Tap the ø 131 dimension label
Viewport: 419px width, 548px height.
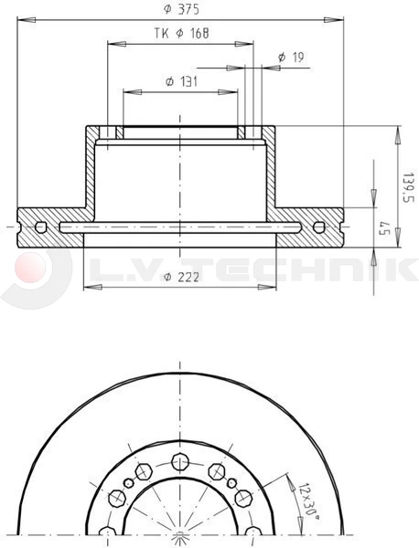coord(182,81)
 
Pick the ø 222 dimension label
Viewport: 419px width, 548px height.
coord(178,277)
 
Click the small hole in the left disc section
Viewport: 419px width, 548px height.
coord(39,227)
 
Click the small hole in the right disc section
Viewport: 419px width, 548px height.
coord(318,227)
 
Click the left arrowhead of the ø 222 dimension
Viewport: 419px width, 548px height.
coord(88,287)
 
